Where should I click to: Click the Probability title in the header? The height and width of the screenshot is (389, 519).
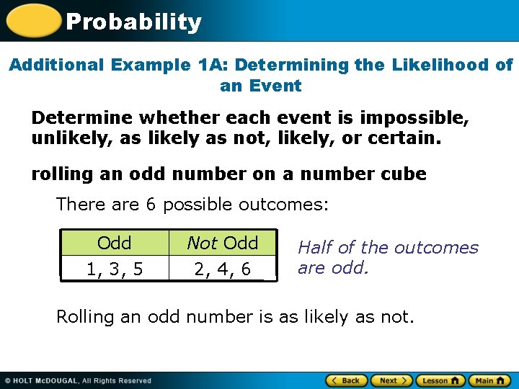click(133, 22)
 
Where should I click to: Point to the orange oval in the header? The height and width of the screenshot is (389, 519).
click(32, 21)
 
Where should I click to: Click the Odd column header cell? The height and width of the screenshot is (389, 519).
click(114, 243)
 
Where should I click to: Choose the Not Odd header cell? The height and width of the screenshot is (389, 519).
click(222, 243)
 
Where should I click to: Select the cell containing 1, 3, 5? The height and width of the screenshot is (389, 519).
click(114, 269)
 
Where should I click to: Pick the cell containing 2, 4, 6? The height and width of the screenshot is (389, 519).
click(222, 269)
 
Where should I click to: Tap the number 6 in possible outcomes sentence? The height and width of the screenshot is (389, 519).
click(151, 205)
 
